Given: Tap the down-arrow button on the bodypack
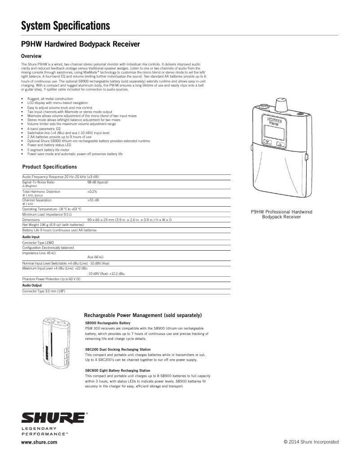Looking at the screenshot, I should (268, 144).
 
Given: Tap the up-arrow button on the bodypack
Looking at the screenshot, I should (281, 144).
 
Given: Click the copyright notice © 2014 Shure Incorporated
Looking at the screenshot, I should (312, 442).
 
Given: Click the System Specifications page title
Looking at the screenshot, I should (66, 26).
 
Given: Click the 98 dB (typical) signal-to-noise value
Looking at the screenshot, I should (98, 182).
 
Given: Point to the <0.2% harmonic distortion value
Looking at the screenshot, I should (92, 191).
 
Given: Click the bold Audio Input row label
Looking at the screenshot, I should (31, 237).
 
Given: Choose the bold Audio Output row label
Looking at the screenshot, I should (32, 285).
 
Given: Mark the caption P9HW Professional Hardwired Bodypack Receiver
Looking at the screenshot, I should (281, 214).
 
